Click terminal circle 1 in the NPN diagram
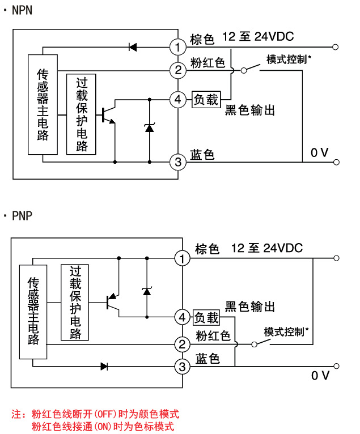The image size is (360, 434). point(178,46)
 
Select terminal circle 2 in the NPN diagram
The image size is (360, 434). point(178,70)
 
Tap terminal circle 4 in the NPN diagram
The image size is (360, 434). point(178,100)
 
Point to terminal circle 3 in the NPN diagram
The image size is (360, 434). point(178,163)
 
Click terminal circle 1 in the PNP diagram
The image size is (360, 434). point(182,259)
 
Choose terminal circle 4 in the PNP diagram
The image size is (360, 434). point(182,317)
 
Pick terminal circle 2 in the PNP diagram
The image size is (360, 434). point(182,344)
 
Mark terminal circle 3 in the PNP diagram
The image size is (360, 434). point(182,367)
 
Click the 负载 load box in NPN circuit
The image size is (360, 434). point(206,100)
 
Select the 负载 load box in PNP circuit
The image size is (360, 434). point(207,317)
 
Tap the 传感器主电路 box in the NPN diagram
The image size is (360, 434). point(43,104)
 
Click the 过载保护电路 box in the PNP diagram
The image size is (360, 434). point(75,303)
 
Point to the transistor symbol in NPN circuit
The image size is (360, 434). point(108,114)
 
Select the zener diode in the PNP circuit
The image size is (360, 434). point(147,291)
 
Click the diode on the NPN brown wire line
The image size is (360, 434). point(133,47)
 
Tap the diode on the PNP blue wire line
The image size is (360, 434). point(104,367)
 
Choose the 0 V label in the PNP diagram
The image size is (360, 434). point(320,376)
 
